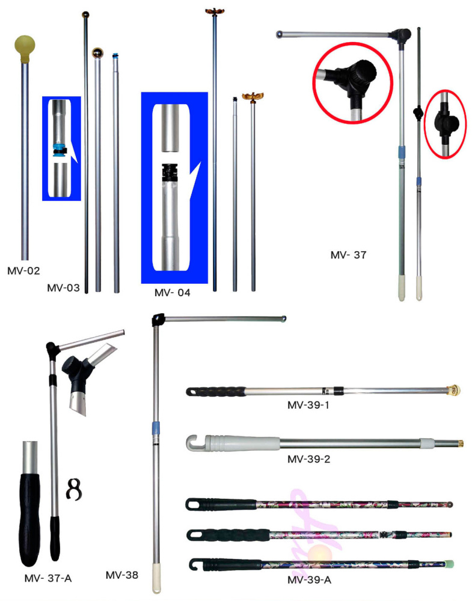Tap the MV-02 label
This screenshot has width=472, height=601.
23,271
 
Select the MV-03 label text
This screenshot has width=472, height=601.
63,288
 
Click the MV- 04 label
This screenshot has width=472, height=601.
172,293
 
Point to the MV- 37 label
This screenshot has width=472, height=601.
348,255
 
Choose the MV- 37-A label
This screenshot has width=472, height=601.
48,578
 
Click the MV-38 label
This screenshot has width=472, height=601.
121,575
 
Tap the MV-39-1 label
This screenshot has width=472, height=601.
308,405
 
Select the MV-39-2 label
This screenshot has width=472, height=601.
308,459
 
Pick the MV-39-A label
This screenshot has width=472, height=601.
309,580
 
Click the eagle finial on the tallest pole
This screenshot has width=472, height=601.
214,11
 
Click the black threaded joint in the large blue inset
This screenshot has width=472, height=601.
170,172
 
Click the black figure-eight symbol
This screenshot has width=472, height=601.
73,489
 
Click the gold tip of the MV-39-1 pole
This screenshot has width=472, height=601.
455,390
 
